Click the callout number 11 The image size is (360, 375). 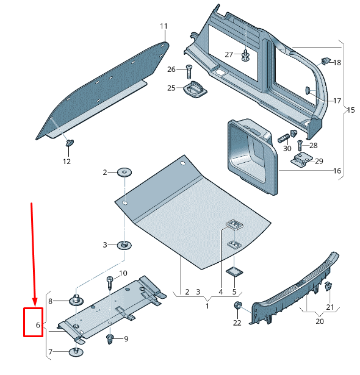[x=164, y=26]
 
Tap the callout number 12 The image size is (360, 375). [x=67, y=162]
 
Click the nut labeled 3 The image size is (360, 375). [x=124, y=245]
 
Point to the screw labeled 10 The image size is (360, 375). [x=110, y=282]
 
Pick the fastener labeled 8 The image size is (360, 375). [x=77, y=300]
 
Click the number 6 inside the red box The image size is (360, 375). [x=38, y=326]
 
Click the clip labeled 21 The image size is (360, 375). [x=328, y=287]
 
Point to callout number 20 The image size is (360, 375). [x=320, y=321]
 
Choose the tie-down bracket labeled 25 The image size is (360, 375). [x=195, y=89]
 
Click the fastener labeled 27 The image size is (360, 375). [x=245, y=55]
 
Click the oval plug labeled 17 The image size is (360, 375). [x=308, y=91]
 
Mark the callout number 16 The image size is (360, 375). [x=337, y=171]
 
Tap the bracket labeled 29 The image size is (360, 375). [x=300, y=162]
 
